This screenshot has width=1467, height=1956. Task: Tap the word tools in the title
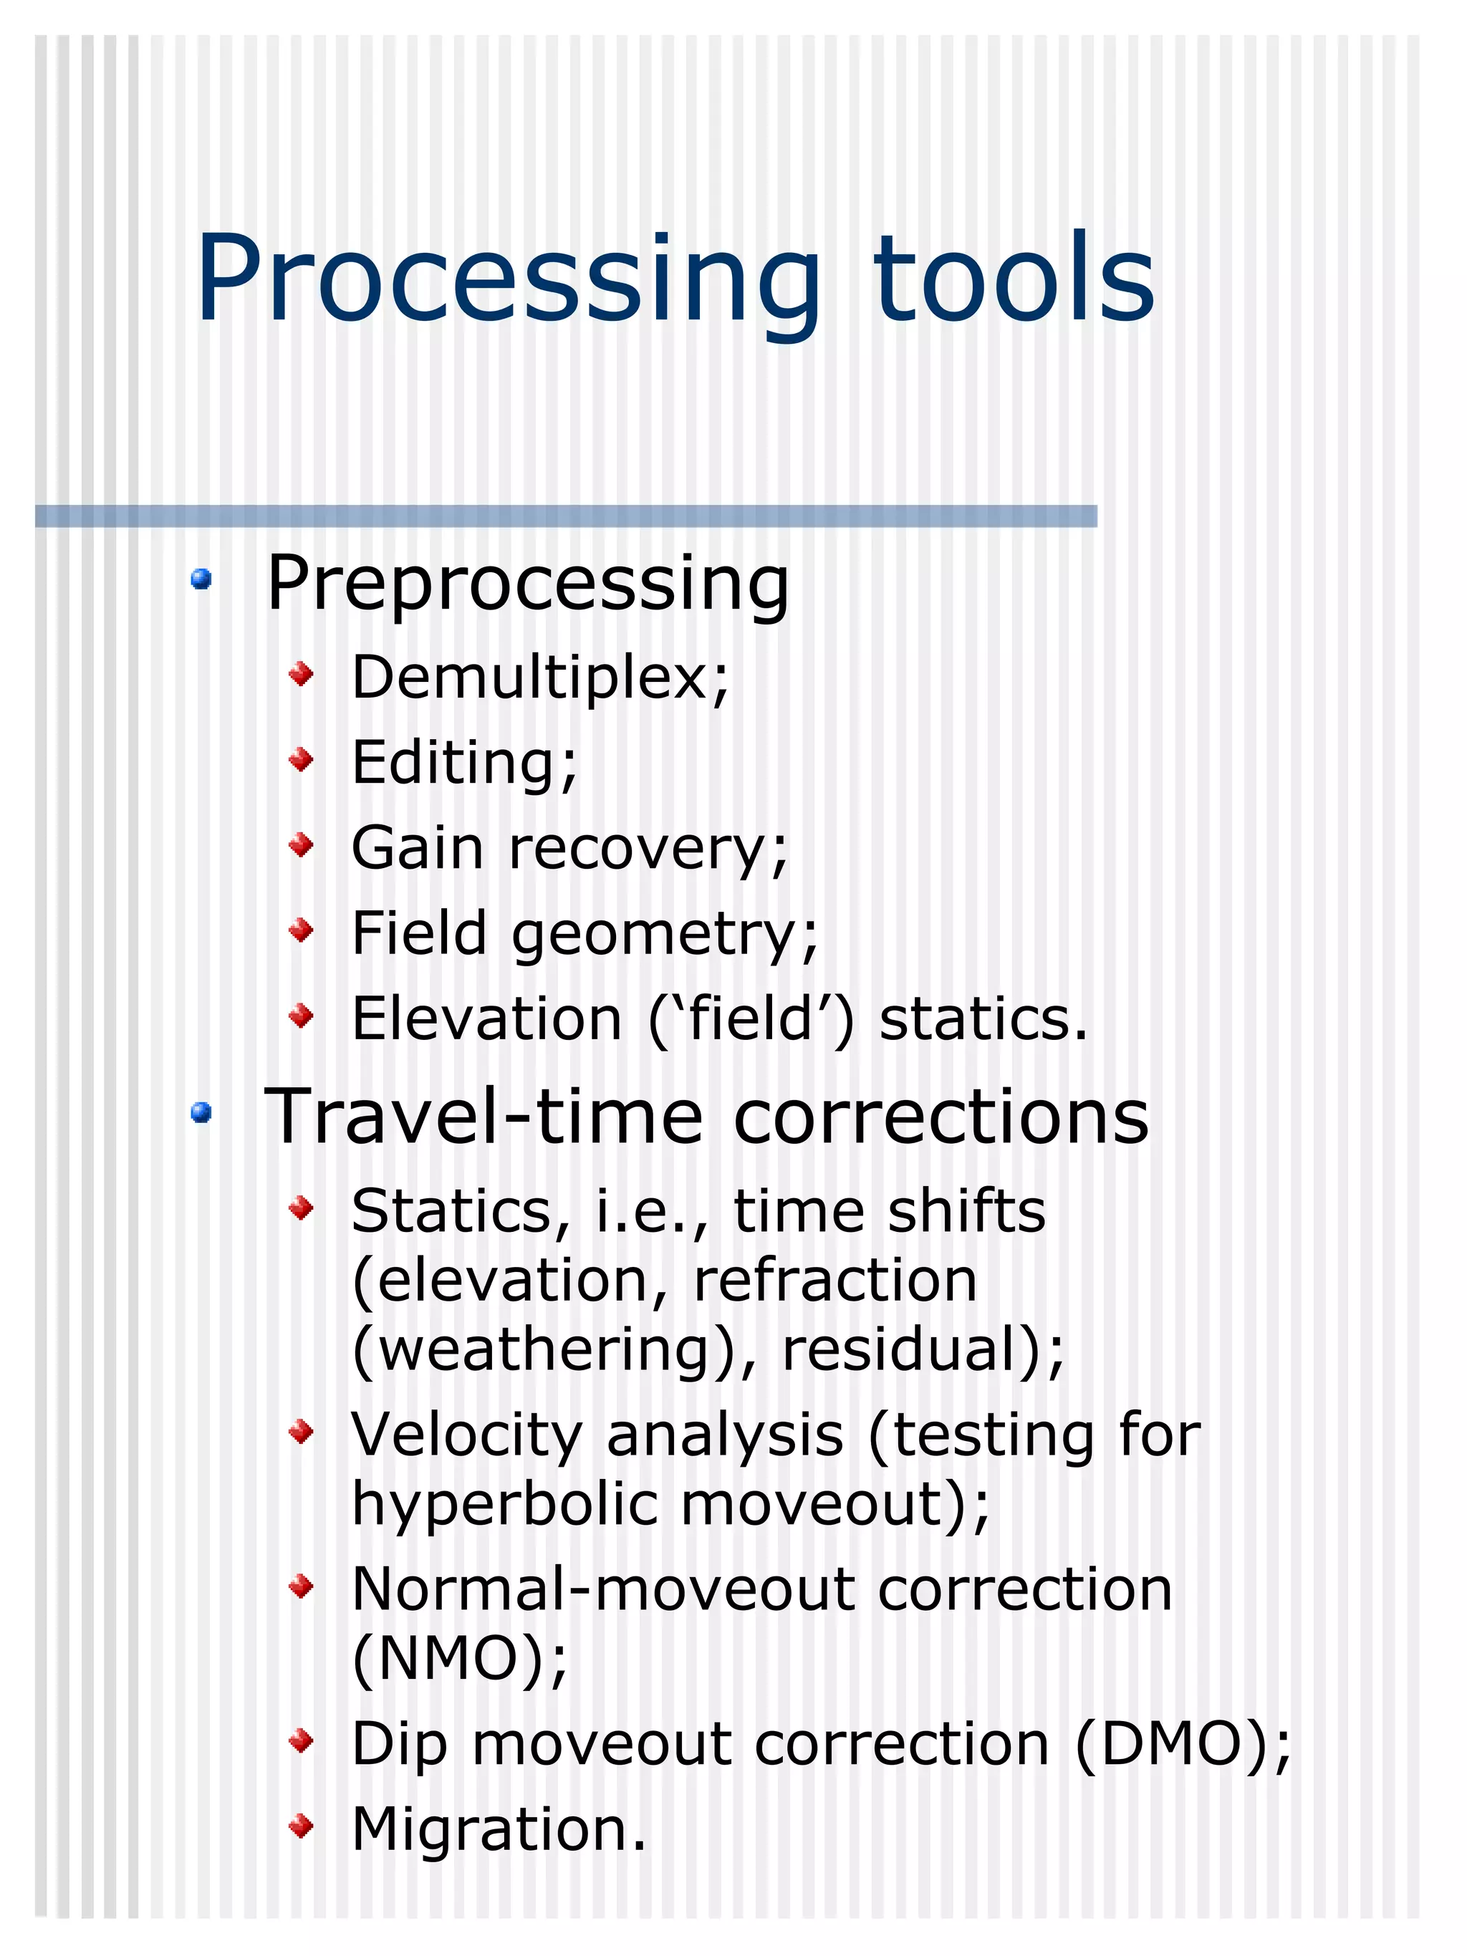(x=1014, y=279)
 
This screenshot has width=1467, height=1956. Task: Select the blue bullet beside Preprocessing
(x=201, y=579)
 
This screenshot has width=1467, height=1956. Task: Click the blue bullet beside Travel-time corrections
(x=201, y=1112)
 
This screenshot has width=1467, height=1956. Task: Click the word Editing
(x=456, y=762)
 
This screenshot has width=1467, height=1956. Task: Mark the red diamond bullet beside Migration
(x=302, y=1824)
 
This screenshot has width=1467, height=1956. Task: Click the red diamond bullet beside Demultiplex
(x=302, y=675)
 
